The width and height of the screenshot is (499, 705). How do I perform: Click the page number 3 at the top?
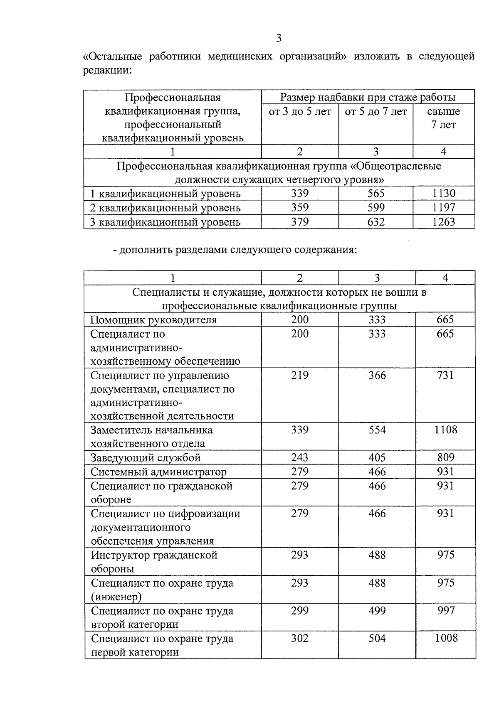click(279, 38)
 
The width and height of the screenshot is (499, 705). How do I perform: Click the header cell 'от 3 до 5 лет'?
click(300, 111)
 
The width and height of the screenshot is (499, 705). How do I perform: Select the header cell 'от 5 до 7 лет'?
click(376, 111)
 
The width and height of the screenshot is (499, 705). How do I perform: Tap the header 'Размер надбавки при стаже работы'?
click(368, 97)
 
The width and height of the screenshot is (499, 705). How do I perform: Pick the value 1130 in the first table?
click(444, 193)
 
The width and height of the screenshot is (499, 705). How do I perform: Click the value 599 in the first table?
click(376, 207)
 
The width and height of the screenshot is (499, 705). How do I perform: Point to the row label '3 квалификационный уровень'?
click(166, 222)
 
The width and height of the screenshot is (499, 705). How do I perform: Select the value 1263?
click(444, 221)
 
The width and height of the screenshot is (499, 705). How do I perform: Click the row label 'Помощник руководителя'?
click(153, 319)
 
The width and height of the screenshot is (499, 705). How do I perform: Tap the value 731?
click(445, 375)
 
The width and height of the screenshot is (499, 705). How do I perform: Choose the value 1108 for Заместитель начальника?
click(446, 430)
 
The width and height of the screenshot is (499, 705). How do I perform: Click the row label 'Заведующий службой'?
click(146, 458)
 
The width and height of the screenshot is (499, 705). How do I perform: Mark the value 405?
click(377, 457)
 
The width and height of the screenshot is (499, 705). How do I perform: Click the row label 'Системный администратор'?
click(158, 472)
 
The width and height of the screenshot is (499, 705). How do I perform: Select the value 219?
click(300, 375)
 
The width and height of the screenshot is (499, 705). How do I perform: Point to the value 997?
click(446, 610)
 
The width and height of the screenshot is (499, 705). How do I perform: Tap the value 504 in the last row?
click(377, 638)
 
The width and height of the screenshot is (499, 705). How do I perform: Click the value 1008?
click(446, 638)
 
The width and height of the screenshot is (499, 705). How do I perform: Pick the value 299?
click(300, 610)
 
